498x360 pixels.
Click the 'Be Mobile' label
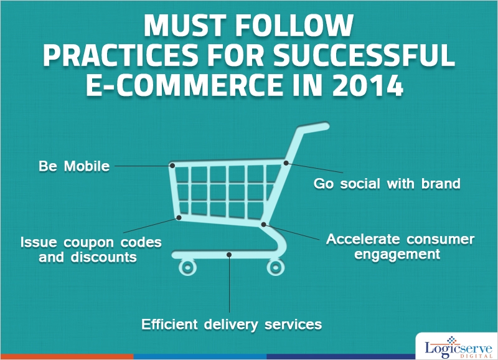click(x=74, y=167)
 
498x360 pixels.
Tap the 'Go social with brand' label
click(x=387, y=184)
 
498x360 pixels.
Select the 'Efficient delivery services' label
click(x=232, y=324)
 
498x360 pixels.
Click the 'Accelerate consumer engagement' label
click(x=400, y=247)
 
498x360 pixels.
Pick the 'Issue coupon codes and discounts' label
click(x=91, y=249)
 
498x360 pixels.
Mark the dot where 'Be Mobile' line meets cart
click(x=172, y=166)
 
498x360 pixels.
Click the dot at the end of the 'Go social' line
click(x=286, y=163)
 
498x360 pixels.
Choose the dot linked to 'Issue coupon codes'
click(x=179, y=217)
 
